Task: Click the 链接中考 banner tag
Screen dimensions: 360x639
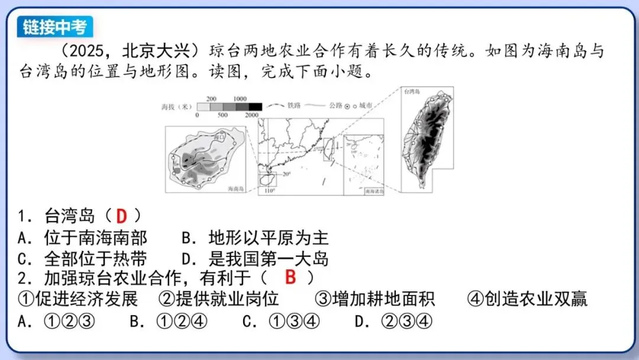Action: coord(55,27)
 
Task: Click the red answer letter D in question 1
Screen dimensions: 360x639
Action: coord(122,216)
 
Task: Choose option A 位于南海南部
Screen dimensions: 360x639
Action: coord(83,238)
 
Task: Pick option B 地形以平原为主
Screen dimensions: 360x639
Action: coord(255,238)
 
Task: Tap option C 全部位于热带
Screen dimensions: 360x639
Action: coord(83,259)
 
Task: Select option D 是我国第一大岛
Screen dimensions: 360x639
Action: coord(255,259)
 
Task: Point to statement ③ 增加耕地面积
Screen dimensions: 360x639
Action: coord(375,298)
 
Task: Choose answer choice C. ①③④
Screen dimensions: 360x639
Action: coord(281,322)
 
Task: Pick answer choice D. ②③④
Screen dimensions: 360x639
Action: coord(393,322)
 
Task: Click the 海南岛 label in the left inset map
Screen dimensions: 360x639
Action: coord(237,188)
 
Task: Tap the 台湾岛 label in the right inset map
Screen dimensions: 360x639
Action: coord(412,92)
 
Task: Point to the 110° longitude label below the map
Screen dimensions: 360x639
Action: coord(270,191)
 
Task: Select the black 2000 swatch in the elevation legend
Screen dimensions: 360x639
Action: coord(254,107)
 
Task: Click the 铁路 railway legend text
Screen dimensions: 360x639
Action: coord(294,105)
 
